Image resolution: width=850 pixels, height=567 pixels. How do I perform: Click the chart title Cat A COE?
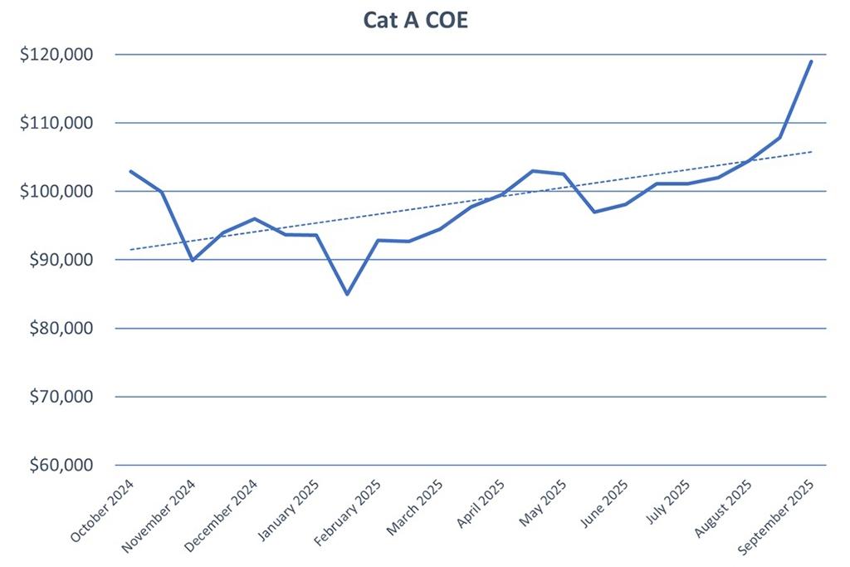(415, 20)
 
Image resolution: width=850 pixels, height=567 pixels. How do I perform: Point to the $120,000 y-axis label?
(56, 55)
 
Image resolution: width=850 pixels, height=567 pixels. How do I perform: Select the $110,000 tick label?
(56, 123)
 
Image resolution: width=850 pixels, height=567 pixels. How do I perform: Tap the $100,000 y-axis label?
(56, 191)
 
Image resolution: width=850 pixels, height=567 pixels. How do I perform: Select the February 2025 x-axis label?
(348, 512)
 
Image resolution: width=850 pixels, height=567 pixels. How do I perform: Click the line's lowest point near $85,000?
(347, 294)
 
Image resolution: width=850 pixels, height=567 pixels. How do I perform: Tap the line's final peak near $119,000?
(811, 61)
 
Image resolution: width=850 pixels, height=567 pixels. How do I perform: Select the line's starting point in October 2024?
(130, 171)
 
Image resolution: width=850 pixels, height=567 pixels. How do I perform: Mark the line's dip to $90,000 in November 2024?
(193, 260)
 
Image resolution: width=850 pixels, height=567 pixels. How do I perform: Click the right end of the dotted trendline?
(811, 152)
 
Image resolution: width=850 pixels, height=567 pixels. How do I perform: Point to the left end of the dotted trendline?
(130, 249)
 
